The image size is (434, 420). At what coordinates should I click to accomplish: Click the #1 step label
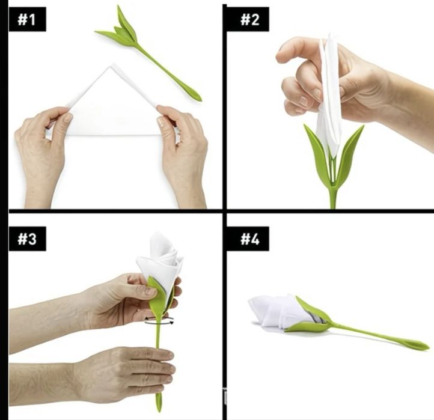tap(28, 19)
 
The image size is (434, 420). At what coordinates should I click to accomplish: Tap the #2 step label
tap(250, 19)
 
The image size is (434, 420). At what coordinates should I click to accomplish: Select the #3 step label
tap(28, 239)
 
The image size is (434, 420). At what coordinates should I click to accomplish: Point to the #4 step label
tap(250, 239)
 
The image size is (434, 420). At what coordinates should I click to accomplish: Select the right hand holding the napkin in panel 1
tap(183, 155)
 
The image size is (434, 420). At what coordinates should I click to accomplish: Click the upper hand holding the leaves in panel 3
tap(111, 305)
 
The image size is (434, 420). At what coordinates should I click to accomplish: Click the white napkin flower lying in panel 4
tap(280, 311)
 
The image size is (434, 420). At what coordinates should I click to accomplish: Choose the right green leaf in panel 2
tap(349, 155)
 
